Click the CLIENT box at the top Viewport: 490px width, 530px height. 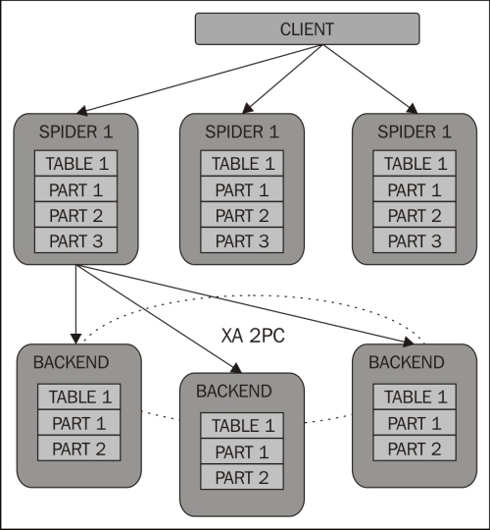coord(308,28)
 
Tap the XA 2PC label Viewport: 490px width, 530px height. coord(253,336)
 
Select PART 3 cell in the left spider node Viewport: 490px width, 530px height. coord(75,240)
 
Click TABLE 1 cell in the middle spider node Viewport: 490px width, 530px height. coord(242,163)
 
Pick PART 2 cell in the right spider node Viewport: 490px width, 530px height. coord(415,215)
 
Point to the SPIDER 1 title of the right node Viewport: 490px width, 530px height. coord(415,132)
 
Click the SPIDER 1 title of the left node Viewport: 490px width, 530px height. coord(75,132)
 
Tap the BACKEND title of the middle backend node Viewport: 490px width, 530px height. coord(234,391)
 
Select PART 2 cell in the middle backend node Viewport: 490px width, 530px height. coord(242,477)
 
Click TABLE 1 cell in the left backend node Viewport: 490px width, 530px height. coord(79,397)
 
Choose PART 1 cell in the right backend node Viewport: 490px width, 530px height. coord(415,422)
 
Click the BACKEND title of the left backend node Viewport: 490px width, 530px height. coord(71,362)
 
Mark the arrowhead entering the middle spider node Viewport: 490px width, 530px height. coord(247,109)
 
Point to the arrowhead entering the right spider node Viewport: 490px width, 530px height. coord(413,109)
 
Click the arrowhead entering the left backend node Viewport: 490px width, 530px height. coord(75,339)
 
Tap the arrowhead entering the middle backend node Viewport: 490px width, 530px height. coord(236,368)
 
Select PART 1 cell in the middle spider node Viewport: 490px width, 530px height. coord(242,189)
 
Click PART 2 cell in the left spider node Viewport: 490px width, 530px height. coord(75,215)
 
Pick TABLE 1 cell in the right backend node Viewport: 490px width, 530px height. coord(415,397)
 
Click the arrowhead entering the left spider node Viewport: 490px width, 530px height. coord(82,111)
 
